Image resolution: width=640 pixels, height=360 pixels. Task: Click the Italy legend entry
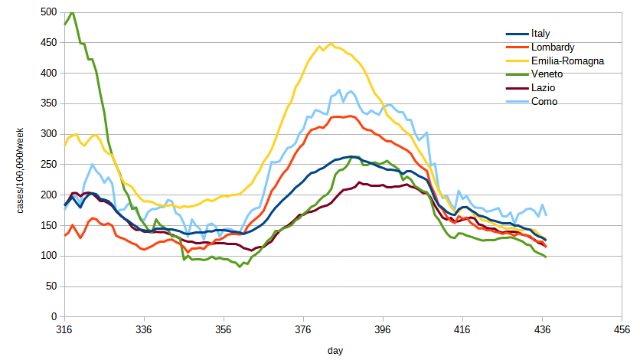pyautogui.click(x=540, y=34)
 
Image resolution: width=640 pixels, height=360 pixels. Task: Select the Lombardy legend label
pyautogui.click(x=550, y=47)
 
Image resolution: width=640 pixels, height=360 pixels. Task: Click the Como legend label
pyautogui.click(x=544, y=101)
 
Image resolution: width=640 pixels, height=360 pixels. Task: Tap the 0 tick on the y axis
pyautogui.click(x=54, y=316)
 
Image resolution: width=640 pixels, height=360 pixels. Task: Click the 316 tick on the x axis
pyautogui.click(x=64, y=330)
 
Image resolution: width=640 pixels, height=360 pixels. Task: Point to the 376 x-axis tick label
pyautogui.click(x=304, y=330)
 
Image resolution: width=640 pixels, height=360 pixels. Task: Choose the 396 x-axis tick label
pyautogui.click(x=384, y=330)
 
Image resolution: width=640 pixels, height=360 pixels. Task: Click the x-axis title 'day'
pyautogui.click(x=335, y=350)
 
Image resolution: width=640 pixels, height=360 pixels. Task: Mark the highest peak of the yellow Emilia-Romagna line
pyautogui.click(x=331, y=44)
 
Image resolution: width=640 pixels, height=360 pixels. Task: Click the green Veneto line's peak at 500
pyautogui.click(x=72, y=12)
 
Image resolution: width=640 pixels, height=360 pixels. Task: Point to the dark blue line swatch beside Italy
pyautogui.click(x=518, y=34)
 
